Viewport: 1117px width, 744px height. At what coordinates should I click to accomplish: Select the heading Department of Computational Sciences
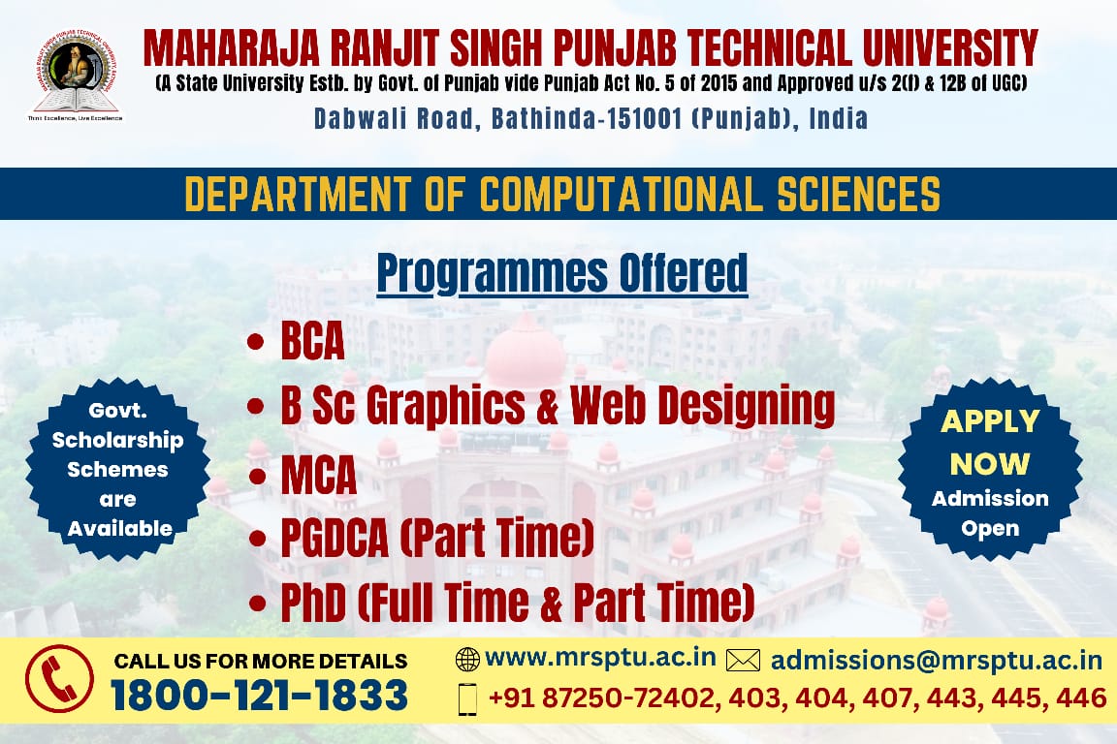(x=562, y=194)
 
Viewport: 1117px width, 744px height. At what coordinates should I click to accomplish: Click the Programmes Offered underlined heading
(x=562, y=273)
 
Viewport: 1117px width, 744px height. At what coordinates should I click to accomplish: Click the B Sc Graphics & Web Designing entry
(x=557, y=405)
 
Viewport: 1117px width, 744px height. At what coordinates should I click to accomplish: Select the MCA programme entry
(x=318, y=478)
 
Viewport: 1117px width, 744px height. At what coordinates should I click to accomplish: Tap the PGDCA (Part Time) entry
(x=436, y=539)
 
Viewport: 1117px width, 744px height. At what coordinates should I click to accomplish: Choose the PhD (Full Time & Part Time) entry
(x=517, y=602)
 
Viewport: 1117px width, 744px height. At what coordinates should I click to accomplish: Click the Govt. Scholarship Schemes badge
(x=117, y=469)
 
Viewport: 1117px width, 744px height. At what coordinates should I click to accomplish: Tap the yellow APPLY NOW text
(x=990, y=443)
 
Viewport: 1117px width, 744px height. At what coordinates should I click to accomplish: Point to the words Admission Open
(x=990, y=513)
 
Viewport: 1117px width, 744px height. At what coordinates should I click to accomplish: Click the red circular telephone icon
(x=59, y=679)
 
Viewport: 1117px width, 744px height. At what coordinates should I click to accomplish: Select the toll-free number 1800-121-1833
(x=259, y=696)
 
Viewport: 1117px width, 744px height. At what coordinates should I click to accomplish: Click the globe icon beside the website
(x=467, y=660)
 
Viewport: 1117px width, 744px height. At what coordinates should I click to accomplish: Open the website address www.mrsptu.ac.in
(x=600, y=658)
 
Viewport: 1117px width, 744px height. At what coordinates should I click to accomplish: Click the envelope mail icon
(x=743, y=661)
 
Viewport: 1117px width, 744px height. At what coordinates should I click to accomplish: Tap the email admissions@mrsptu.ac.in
(x=936, y=660)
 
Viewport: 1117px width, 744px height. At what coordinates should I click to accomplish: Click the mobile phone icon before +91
(x=467, y=698)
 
